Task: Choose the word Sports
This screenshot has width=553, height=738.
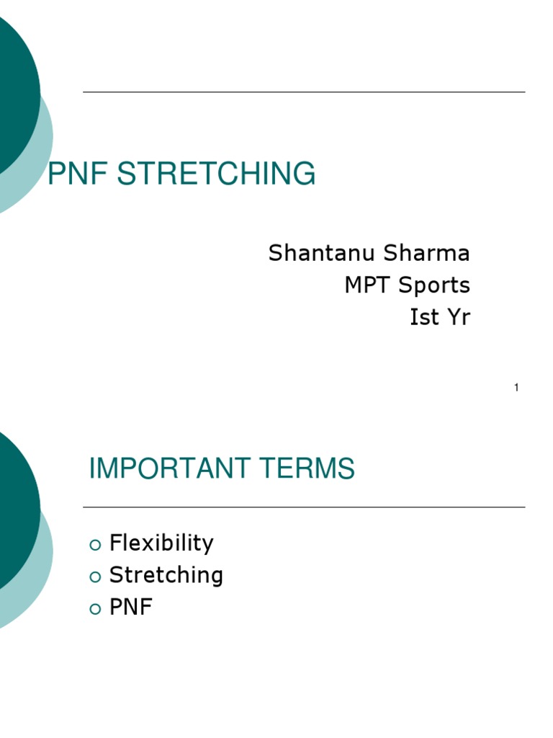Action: (x=434, y=285)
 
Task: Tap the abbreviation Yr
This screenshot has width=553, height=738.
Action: (x=458, y=316)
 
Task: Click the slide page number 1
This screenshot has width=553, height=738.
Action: (x=516, y=388)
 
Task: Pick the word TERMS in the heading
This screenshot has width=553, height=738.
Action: (x=312, y=469)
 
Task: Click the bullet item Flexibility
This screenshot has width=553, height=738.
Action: (x=161, y=543)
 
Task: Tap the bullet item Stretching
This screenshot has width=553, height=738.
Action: (x=166, y=575)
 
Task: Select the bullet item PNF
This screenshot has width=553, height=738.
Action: (x=131, y=608)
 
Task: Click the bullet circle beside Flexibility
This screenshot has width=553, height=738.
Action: (x=95, y=544)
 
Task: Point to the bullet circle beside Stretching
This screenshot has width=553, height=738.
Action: (x=95, y=577)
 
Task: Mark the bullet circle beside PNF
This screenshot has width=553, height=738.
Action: (x=95, y=609)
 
